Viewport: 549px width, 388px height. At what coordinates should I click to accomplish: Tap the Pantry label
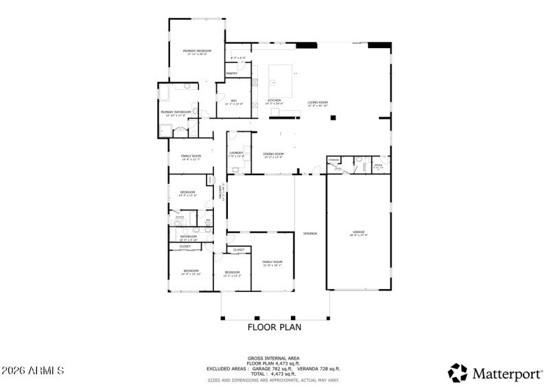click(232, 73)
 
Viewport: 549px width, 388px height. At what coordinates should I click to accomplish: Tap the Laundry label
click(236, 154)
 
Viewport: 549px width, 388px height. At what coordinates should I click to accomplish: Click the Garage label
click(358, 233)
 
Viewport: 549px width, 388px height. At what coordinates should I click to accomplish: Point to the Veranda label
click(310, 233)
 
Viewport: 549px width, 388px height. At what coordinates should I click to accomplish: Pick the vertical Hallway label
click(221, 192)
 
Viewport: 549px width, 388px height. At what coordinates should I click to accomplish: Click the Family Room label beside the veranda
click(272, 262)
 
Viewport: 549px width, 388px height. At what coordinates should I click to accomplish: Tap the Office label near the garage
click(378, 166)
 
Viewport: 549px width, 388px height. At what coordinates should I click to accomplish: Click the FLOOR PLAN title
click(274, 328)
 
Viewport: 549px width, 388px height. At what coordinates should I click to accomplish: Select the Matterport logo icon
click(457, 372)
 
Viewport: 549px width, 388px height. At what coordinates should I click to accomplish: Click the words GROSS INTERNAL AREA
click(274, 358)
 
